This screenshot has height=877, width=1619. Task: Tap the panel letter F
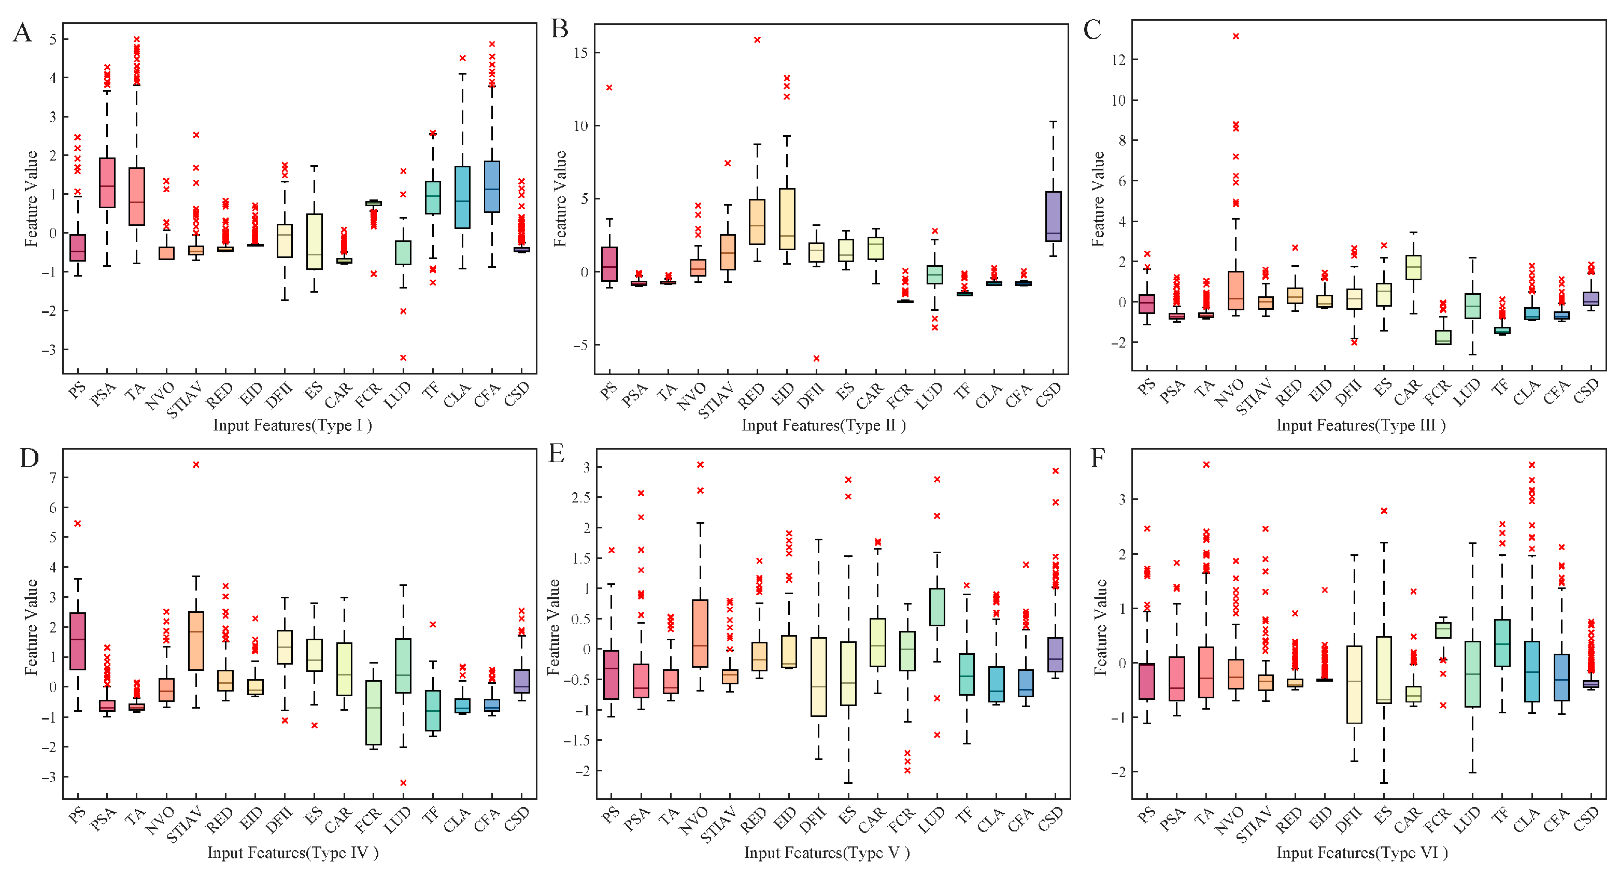[1097, 458]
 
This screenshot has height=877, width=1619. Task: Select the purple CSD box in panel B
[1054, 217]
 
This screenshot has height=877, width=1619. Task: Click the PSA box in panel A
[107, 183]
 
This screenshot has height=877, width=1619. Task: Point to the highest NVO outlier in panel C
[1235, 36]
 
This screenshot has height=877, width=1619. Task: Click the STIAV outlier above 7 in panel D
[196, 465]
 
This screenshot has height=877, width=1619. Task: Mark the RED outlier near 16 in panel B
[757, 39]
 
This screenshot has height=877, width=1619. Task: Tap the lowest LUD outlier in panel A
[403, 357]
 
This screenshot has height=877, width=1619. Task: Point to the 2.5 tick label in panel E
[578, 497]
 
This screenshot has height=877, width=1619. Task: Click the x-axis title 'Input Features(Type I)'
[292, 425]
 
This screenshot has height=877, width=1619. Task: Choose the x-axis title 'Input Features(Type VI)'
[1362, 853]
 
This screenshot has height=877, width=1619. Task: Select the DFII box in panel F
[1354, 684]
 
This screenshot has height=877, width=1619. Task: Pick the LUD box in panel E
[937, 607]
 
